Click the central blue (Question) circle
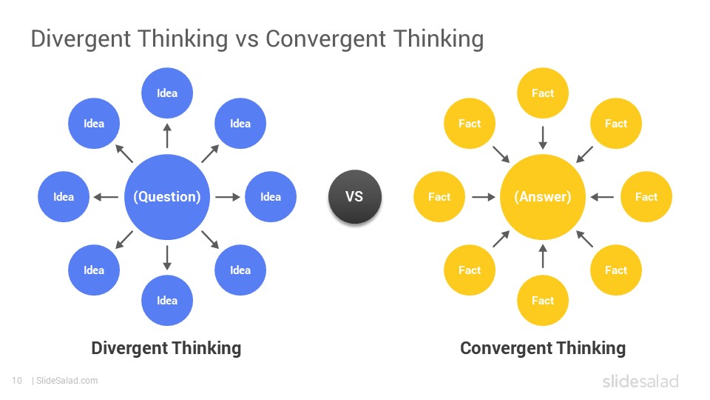pos(167,197)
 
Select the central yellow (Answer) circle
pos(543,197)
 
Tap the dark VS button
pos(354,197)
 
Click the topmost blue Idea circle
pos(167,93)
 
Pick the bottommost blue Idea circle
pos(167,301)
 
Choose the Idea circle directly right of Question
pos(271,197)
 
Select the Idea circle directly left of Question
pos(64,197)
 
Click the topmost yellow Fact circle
pos(543,93)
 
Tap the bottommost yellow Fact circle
pos(543,301)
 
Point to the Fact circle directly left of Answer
pos(439,197)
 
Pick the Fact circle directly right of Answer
pos(646,197)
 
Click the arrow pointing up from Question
pos(167,137)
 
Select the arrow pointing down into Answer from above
pos(543,137)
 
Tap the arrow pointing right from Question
pos(227,197)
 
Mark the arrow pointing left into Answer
pos(603,197)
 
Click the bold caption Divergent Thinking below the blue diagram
pos(166,348)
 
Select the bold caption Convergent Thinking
pos(543,348)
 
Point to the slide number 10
pos(16,381)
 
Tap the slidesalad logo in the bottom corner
pos(640,381)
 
